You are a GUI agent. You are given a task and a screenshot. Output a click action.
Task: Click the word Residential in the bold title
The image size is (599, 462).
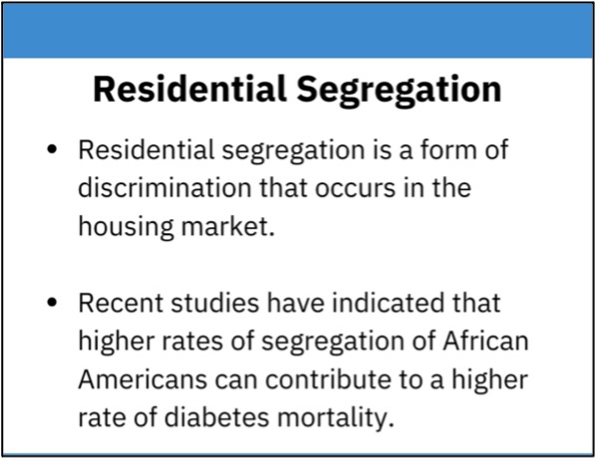pyautogui.click(x=189, y=89)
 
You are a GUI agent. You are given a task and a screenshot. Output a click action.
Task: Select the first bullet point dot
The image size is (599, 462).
pyautogui.click(x=52, y=149)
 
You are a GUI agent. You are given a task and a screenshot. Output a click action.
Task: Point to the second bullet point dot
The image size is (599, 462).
pyautogui.click(x=52, y=303)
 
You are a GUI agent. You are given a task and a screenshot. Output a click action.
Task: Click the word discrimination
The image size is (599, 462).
pyautogui.click(x=164, y=188)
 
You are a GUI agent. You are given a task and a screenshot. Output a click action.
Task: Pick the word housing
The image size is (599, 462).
pyautogui.click(x=126, y=228)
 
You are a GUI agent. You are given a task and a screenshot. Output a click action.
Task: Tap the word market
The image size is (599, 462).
pyautogui.click(x=228, y=226)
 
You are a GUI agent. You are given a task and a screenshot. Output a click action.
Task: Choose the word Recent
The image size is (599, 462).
pyautogui.click(x=121, y=303)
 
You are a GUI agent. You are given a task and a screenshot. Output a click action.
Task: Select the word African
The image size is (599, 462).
pyautogui.click(x=485, y=341)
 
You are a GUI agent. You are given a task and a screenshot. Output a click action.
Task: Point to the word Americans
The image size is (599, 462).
pyautogui.click(x=143, y=380)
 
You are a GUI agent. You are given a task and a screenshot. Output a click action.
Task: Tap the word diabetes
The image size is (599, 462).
pyautogui.click(x=216, y=417)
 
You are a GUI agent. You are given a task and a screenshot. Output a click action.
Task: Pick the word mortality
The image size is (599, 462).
pyautogui.click(x=336, y=419)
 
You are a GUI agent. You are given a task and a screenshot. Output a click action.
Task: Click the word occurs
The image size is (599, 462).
pyautogui.click(x=355, y=189)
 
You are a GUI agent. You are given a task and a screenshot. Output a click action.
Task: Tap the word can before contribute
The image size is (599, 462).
pyautogui.click(x=235, y=381)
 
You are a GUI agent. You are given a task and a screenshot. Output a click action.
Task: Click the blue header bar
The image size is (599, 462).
pyautogui.click(x=298, y=31)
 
